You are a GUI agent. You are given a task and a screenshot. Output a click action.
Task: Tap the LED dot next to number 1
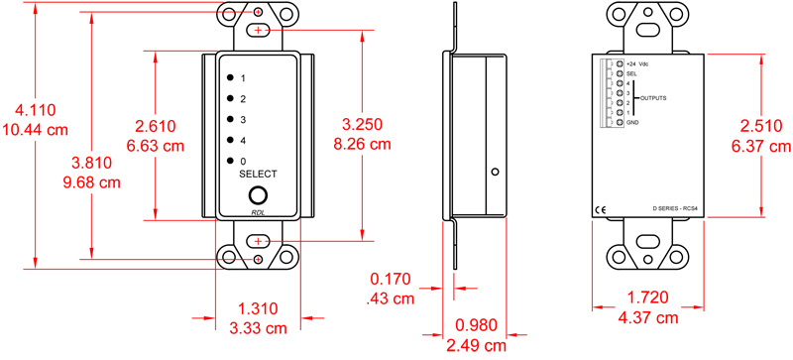[230, 77]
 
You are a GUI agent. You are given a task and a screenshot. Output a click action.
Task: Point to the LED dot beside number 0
[230, 161]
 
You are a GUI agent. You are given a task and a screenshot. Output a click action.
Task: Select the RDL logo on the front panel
[258, 214]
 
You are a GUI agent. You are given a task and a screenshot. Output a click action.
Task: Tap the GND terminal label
[632, 122]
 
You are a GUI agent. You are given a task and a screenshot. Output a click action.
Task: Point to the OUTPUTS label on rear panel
[652, 98]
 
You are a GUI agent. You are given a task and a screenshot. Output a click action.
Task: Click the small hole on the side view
[494, 172]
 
